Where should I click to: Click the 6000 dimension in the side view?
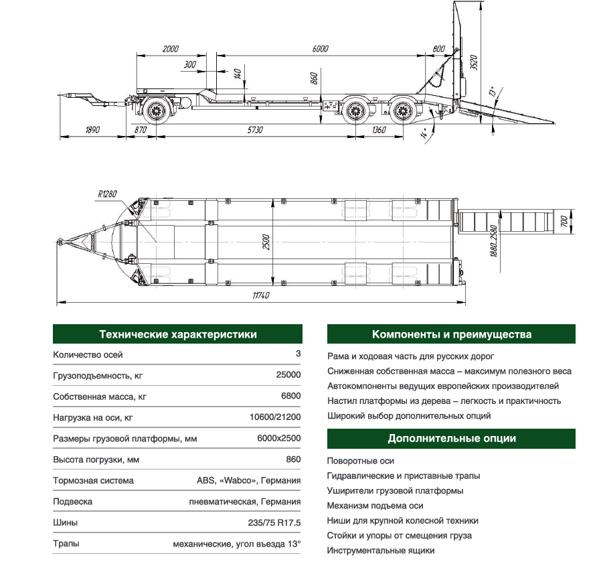pyautogui.click(x=321, y=49)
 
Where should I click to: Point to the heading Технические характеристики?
pyautogui.click(x=177, y=334)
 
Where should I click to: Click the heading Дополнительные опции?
pyautogui.click(x=452, y=439)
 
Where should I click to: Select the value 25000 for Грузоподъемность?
pyautogui.click(x=288, y=375)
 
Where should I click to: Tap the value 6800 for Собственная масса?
pyautogui.click(x=291, y=396)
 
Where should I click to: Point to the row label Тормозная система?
pyautogui.click(x=93, y=480)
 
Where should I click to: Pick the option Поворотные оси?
pyautogui.click(x=361, y=461)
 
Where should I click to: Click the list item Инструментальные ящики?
pyautogui.click(x=381, y=551)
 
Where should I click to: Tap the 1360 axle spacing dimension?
pyautogui.click(x=378, y=130)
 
